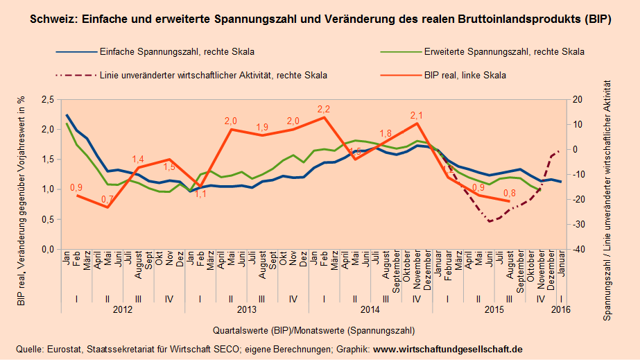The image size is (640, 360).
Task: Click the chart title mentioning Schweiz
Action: pyautogui.click(x=320, y=19)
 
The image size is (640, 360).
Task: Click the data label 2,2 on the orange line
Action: pyautogui.click(x=324, y=110)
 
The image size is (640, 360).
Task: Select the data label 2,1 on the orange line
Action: pyautogui.click(x=417, y=115)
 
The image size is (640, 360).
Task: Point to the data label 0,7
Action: pyautogui.click(x=107, y=200)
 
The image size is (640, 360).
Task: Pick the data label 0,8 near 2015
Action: pyautogui.click(x=509, y=194)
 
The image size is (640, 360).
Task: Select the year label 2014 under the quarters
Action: pyautogui.click(x=370, y=311)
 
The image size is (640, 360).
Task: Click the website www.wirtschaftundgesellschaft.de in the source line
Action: pyautogui.click(x=448, y=348)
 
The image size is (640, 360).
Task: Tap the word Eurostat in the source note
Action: pyautogui.click(x=60, y=348)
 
